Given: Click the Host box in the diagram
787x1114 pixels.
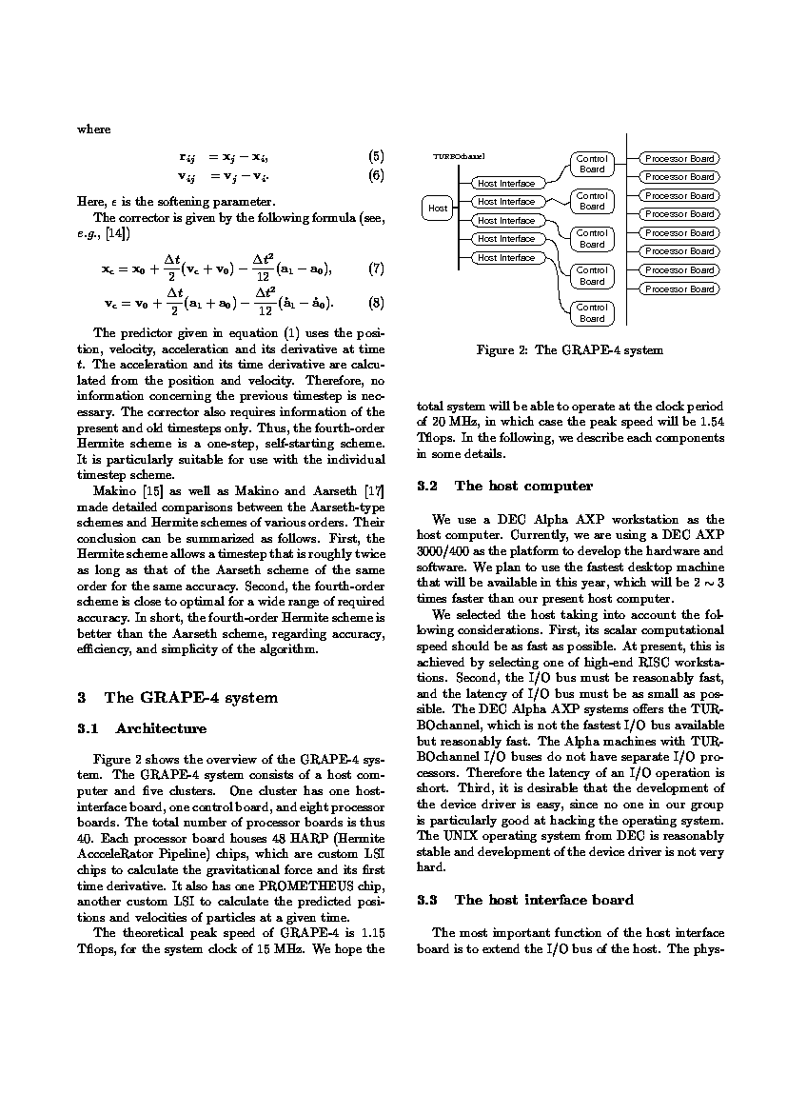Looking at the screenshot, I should click(438, 208).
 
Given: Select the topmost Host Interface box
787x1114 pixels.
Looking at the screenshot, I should click(506, 183).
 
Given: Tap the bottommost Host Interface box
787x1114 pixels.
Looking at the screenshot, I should click(506, 257).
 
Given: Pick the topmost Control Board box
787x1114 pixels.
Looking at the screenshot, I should click(592, 164).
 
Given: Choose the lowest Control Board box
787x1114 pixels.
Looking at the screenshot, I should click(592, 312).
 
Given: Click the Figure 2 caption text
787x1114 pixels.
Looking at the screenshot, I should click(569, 350).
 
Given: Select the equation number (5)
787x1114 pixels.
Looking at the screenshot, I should click(376, 156).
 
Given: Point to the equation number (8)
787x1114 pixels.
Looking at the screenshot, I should click(376, 304).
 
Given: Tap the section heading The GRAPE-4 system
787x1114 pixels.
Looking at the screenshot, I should click(190, 698).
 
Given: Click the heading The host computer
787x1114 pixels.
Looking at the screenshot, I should click(523, 487).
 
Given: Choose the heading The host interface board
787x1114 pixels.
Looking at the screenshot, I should click(544, 900).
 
